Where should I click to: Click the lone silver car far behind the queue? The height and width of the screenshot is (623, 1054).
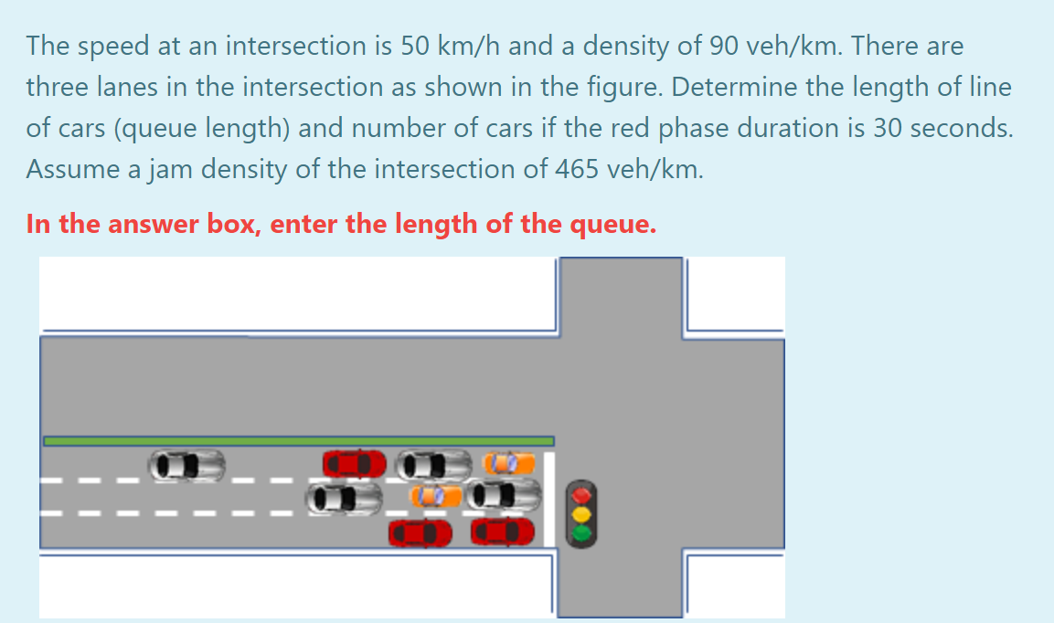[187, 465]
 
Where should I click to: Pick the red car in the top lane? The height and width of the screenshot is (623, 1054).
[355, 463]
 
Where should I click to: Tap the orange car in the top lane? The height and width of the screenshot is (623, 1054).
[508, 463]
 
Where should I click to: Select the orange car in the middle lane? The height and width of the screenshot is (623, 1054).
[437, 496]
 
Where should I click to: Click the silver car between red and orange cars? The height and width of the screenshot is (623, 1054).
[434, 465]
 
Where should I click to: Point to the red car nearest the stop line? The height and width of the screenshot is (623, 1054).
[503, 530]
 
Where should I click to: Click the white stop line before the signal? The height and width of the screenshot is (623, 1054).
[549, 498]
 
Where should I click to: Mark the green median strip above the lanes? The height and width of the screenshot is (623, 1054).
[298, 441]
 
